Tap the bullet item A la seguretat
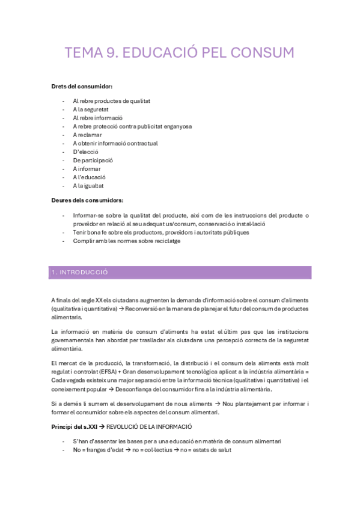point(92,109)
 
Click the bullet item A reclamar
point(88,135)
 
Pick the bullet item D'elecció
point(86,152)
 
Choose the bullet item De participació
point(93,161)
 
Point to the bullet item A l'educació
point(90,177)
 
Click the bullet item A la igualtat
point(89,186)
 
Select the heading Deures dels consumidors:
point(87,200)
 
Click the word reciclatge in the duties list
point(164,241)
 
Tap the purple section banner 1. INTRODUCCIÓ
point(180,272)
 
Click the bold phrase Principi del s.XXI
point(76,426)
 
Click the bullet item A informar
point(88,169)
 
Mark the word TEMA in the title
point(83,53)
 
